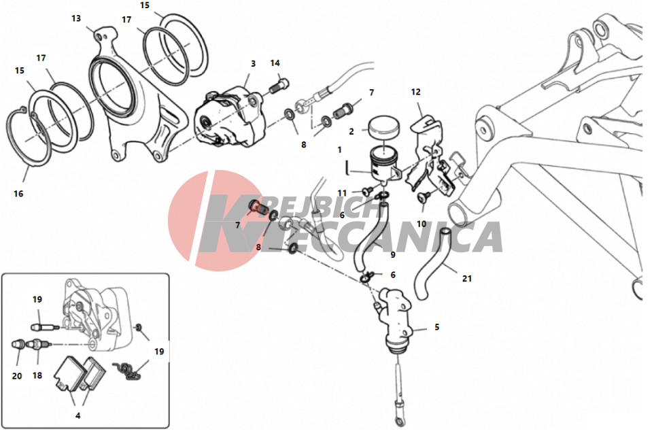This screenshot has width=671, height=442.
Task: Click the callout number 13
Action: (76, 18)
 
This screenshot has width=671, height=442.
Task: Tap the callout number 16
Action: (18, 194)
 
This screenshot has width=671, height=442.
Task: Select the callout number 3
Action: (254, 63)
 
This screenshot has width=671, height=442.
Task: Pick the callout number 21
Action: (467, 279)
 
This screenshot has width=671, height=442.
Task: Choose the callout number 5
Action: (437, 327)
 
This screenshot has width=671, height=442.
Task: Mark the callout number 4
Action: (78, 415)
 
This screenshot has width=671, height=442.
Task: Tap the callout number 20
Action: (17, 376)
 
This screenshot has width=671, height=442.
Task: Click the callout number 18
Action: (37, 375)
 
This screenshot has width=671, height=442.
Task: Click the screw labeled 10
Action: (422, 197)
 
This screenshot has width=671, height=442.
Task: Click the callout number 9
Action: (392, 255)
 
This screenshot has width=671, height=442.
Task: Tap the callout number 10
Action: (421, 224)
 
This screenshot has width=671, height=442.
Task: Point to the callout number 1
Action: (339, 150)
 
